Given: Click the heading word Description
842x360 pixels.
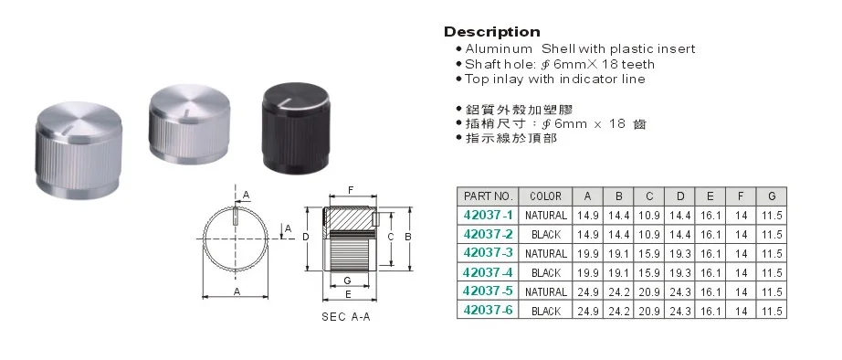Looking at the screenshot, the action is [x=492, y=32].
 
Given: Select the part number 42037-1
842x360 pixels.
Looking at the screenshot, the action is [x=488, y=216].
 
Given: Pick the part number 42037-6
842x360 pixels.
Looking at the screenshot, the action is [x=488, y=310].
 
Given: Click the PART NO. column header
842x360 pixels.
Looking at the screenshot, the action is [x=489, y=196].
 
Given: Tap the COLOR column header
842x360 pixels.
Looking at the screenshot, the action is [x=545, y=196].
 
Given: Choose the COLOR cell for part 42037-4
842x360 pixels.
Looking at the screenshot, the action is [x=545, y=273].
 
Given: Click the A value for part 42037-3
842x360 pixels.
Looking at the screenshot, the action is [x=588, y=254].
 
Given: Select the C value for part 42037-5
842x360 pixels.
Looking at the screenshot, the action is [x=649, y=292].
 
